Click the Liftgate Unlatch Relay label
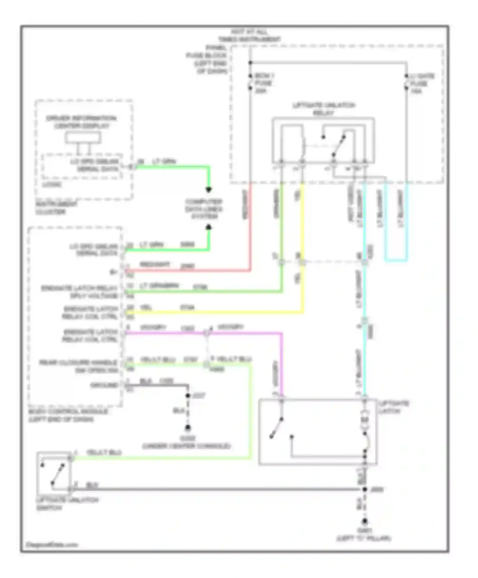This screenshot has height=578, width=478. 323,109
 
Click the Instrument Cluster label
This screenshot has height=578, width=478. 52,208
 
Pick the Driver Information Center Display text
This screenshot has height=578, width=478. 82,122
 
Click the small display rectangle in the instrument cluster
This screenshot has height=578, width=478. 83,138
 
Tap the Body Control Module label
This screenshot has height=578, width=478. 68,415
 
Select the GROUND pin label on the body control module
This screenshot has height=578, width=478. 104,385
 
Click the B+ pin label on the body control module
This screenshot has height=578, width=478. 113,272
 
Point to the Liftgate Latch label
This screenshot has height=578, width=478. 394,407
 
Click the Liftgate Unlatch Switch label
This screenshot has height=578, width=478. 67,504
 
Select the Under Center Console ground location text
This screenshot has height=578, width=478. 187,442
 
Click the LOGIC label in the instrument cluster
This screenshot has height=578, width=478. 52,184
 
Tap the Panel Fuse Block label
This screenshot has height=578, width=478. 207,60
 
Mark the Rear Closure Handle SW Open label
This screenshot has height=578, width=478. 79,366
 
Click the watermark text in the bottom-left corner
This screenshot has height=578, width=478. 52,545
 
